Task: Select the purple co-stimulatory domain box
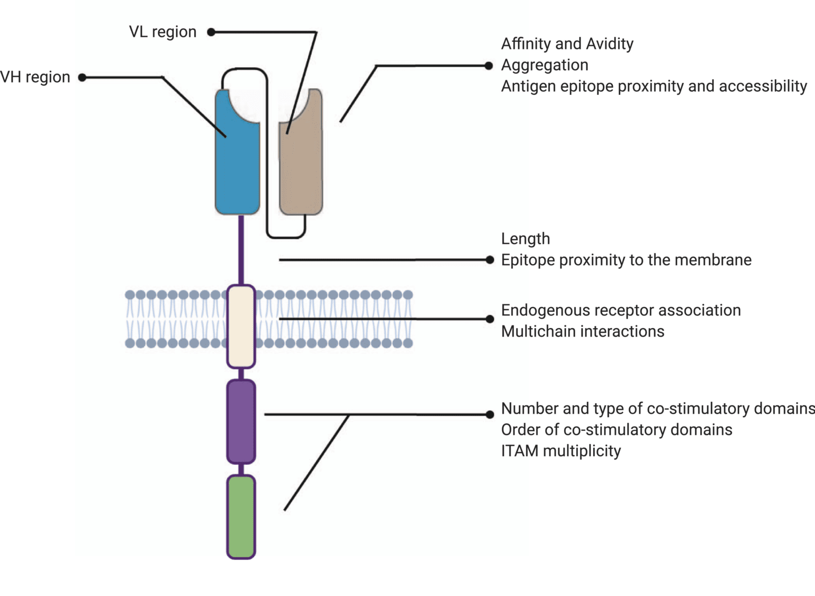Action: [241, 421]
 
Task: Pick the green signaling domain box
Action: [241, 517]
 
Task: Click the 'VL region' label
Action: [162, 32]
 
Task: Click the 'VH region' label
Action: [35, 77]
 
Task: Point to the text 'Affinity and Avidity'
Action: [567, 44]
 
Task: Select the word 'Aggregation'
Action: [545, 65]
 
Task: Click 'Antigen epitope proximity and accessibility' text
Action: [654, 86]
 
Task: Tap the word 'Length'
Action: [526, 239]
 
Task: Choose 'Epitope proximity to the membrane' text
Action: [626, 260]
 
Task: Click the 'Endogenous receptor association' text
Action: [621, 310]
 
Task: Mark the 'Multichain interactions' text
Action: [583, 331]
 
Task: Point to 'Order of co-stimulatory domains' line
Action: [617, 430]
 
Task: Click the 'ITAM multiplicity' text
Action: [561, 451]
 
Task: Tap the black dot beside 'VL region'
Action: [211, 32]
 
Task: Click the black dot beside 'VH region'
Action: [82, 78]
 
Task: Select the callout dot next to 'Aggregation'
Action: [489, 66]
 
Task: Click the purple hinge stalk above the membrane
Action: [241, 249]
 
